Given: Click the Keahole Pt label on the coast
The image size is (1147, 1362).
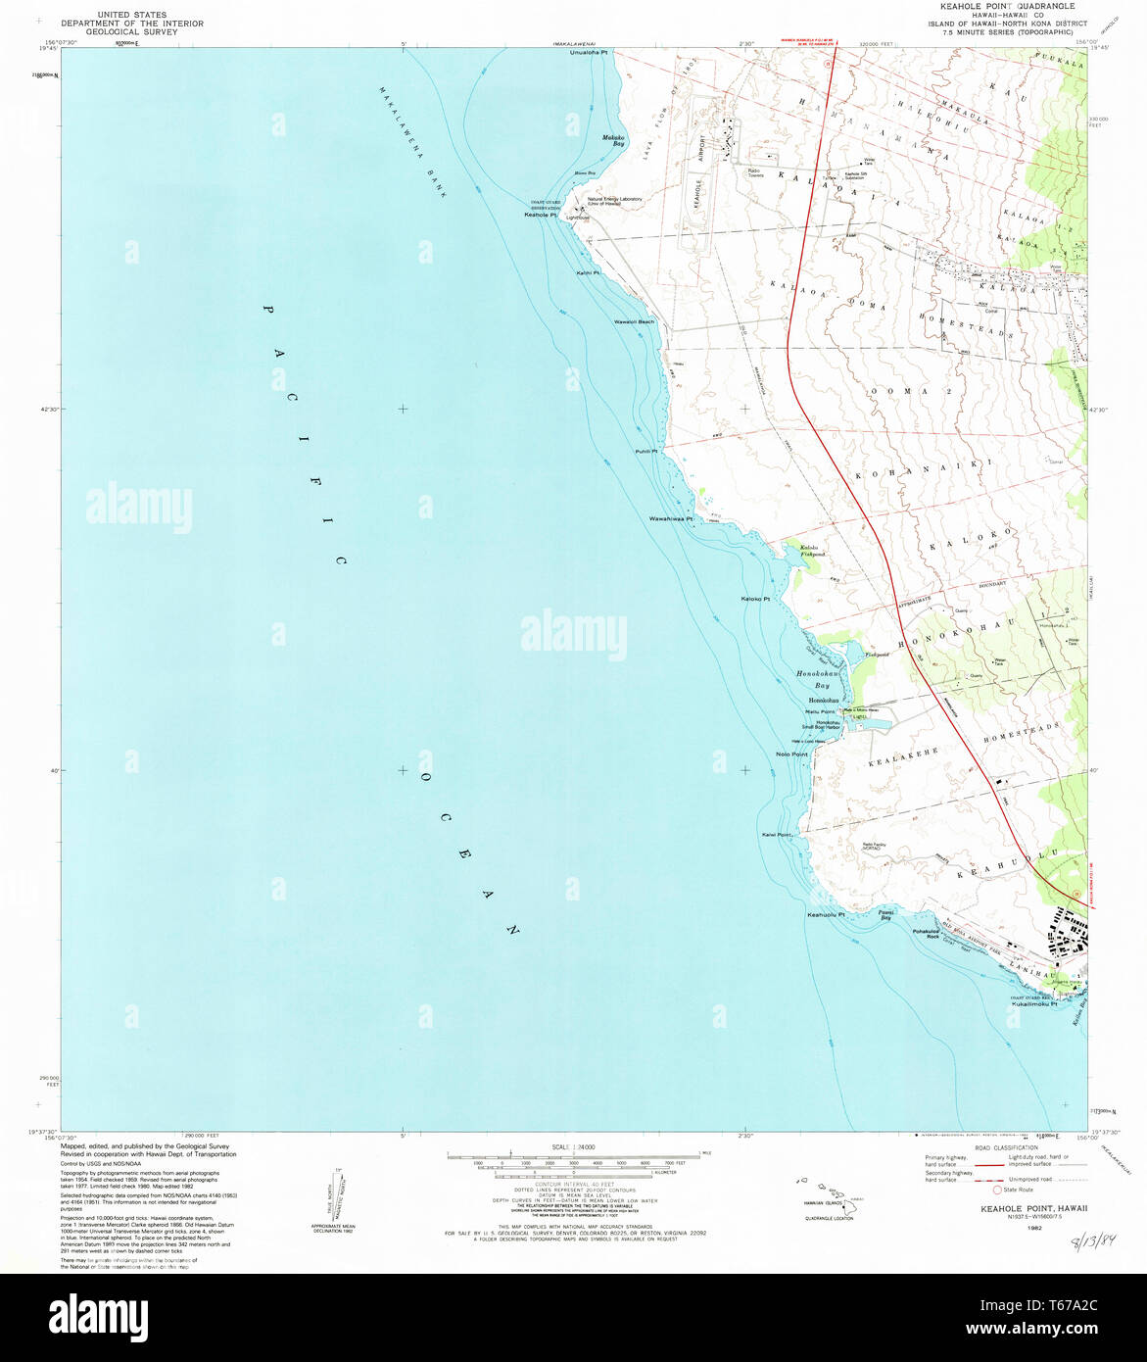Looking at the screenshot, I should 541,216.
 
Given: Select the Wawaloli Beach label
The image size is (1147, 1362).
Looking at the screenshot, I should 634,322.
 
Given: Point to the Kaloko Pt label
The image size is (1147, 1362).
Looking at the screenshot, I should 755,598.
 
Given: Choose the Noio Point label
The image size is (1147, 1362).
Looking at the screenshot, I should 791,754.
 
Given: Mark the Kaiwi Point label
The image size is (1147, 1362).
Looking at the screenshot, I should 777,835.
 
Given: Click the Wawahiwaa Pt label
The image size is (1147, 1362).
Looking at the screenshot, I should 671,518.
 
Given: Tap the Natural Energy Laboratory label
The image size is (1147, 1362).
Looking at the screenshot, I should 615,201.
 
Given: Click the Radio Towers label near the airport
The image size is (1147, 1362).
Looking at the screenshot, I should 754,172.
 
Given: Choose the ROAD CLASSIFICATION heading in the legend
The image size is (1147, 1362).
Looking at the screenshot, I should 993,1145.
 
